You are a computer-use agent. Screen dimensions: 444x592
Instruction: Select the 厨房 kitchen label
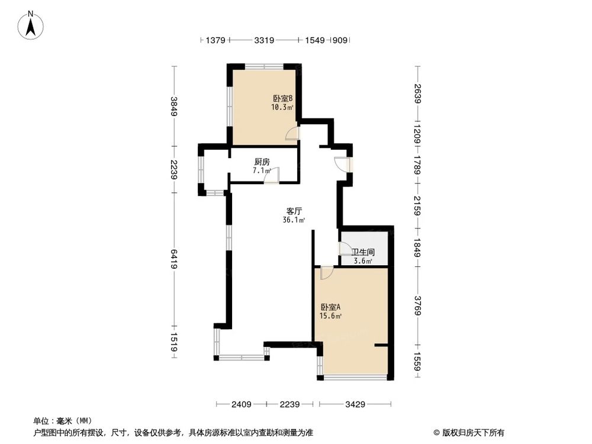(x=262, y=162)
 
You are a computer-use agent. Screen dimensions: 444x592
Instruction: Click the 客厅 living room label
(x=294, y=211)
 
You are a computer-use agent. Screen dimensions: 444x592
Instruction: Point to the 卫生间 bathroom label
(x=363, y=252)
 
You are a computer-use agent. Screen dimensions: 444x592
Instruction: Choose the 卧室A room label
(x=330, y=307)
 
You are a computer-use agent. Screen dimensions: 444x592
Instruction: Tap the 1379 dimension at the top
(x=215, y=41)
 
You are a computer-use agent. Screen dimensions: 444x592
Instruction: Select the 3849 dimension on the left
(x=173, y=106)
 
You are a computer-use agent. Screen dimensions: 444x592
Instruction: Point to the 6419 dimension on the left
(x=173, y=259)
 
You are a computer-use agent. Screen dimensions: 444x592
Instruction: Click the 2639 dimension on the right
(x=418, y=94)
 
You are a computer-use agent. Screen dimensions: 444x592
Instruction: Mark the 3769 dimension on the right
(x=418, y=306)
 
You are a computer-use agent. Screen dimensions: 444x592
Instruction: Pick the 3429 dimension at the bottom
(x=356, y=405)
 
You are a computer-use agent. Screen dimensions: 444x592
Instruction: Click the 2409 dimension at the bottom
(x=242, y=405)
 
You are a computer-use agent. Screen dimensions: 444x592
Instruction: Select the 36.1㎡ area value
(x=294, y=220)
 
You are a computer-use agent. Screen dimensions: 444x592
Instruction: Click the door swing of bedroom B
(x=292, y=134)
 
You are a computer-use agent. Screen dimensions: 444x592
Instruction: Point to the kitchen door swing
(x=272, y=176)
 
